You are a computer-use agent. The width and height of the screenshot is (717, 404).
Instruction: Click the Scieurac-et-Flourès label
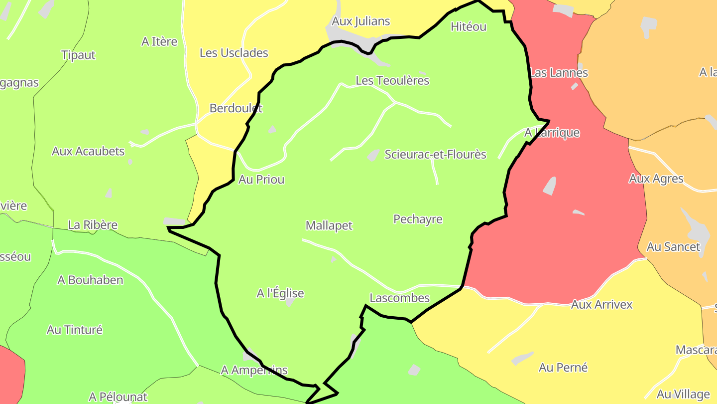pyautogui.click(x=435, y=155)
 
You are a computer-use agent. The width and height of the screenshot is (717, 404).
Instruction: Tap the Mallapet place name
pyautogui.click(x=329, y=226)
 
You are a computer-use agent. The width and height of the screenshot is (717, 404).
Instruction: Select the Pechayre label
pyautogui.click(x=418, y=219)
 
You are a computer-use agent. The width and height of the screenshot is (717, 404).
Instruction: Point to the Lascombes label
pyautogui.click(x=399, y=298)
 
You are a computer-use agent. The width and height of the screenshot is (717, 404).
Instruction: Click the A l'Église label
pyautogui.click(x=280, y=294)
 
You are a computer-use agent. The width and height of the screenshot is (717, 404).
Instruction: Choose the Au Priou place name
pyautogui.click(x=261, y=180)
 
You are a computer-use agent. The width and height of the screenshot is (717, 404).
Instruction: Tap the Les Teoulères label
pyautogui.click(x=392, y=81)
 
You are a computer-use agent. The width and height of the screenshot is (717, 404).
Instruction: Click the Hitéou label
pyautogui.click(x=468, y=27)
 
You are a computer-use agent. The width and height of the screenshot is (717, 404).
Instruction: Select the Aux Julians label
pyautogui.click(x=360, y=21)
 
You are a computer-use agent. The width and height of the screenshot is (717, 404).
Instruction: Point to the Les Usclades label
pyautogui.click(x=234, y=53)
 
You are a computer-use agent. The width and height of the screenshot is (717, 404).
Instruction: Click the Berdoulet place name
pyautogui.click(x=236, y=108)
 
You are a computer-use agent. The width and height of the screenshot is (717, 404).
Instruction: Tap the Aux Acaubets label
pyautogui.click(x=88, y=151)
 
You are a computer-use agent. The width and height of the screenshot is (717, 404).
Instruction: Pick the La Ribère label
pyautogui.click(x=93, y=225)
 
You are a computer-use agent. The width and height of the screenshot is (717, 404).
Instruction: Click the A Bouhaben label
pyautogui.click(x=90, y=280)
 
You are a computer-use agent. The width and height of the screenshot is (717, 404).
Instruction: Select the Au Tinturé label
pyautogui.click(x=75, y=330)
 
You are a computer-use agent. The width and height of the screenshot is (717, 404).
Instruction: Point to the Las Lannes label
pyautogui.click(x=559, y=73)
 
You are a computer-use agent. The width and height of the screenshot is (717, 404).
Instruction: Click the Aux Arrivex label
pyautogui.click(x=601, y=304)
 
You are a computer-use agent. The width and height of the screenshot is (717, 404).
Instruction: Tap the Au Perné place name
pyautogui.click(x=563, y=368)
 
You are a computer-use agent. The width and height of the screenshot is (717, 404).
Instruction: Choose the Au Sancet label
pyautogui.click(x=673, y=247)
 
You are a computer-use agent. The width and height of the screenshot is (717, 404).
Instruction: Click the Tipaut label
pyautogui.click(x=78, y=55)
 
